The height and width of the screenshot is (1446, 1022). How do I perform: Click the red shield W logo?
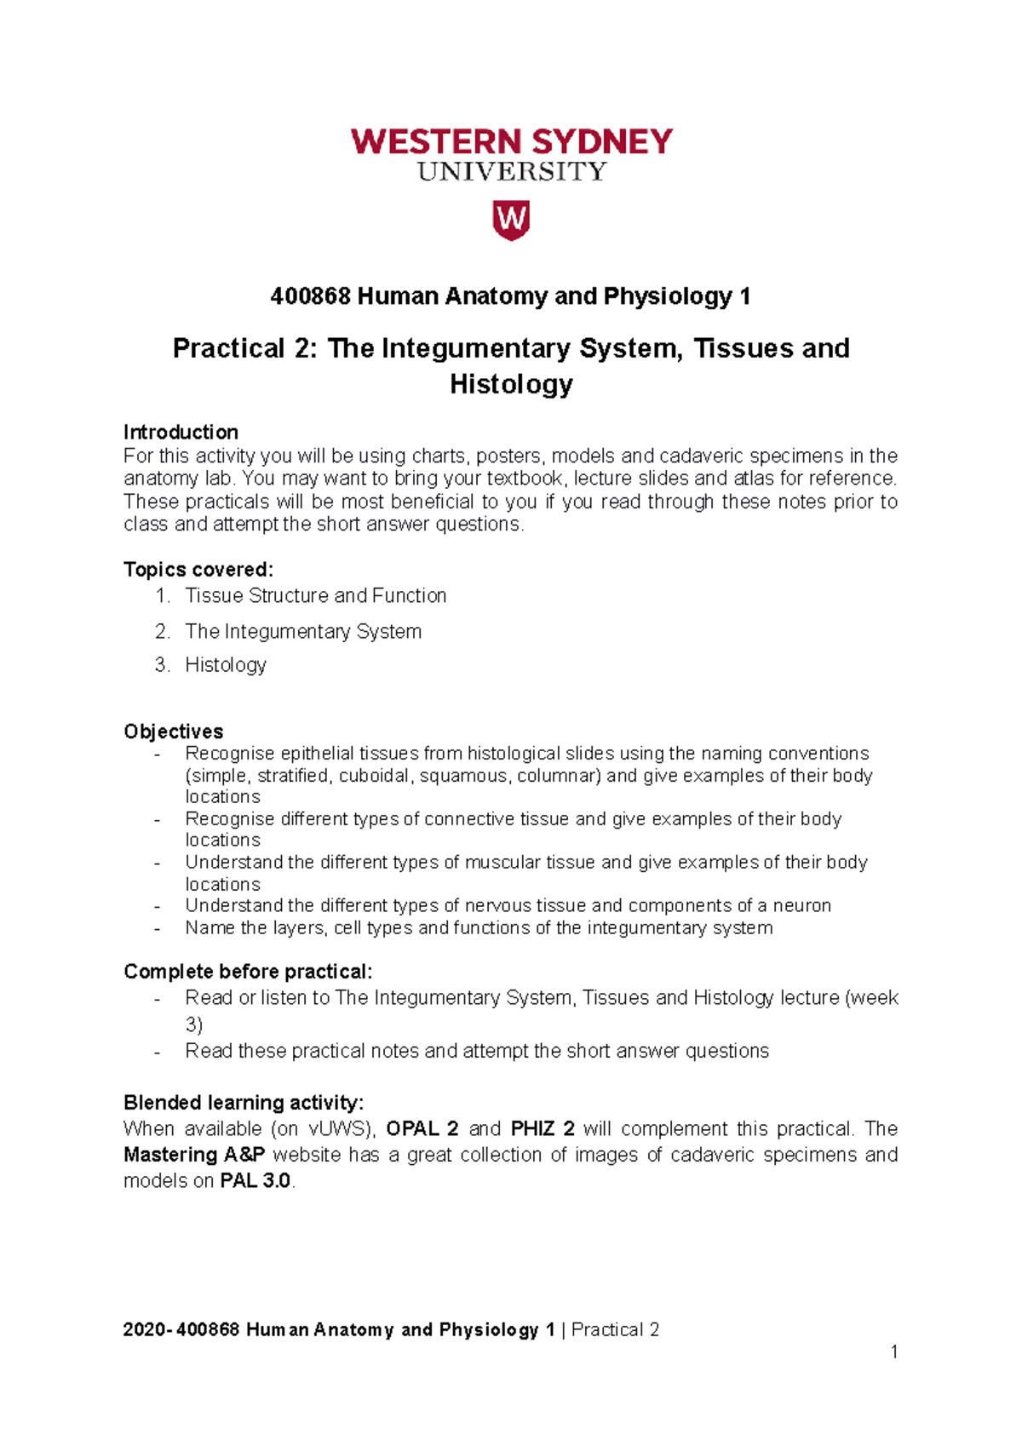coord(511,221)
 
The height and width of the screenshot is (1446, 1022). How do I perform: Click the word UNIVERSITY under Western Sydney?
coord(511,172)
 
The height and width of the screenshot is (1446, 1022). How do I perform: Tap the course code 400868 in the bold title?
coord(310,296)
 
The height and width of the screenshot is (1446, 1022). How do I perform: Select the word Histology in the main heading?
coord(511,384)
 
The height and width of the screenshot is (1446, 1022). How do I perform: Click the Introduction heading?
coord(181,432)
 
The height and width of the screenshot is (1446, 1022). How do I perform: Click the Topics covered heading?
coord(198,569)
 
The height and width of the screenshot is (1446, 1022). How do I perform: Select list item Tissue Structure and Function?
coord(315,595)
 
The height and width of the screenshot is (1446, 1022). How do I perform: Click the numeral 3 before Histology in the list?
coord(161,664)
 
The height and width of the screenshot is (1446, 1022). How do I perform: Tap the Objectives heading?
coord(174,732)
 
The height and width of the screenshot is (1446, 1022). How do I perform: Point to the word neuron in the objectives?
coord(801,905)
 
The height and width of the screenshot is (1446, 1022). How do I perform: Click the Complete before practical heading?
coord(248,972)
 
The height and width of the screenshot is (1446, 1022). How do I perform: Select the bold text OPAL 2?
coord(422,1128)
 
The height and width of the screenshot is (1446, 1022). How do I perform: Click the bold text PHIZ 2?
coord(543,1128)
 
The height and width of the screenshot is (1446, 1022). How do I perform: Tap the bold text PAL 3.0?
coord(255,1181)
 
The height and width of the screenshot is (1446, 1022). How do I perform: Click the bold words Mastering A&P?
coord(194,1155)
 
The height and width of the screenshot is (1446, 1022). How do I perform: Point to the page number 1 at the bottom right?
coord(894,1351)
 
